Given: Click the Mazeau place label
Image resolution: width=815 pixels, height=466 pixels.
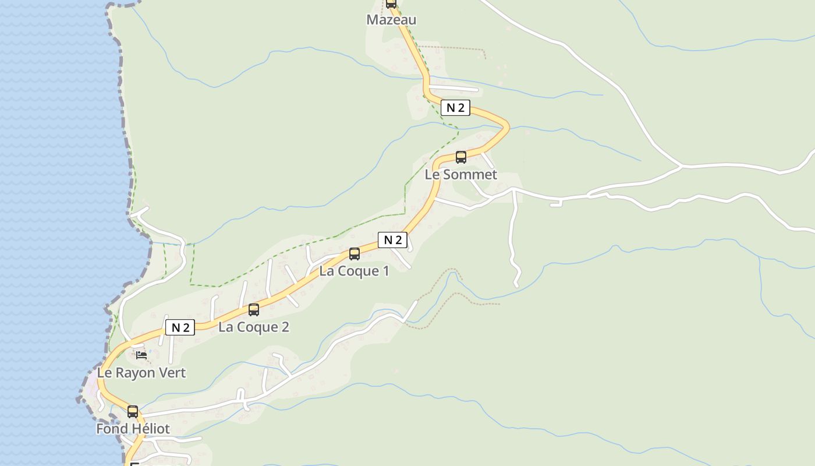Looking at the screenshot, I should (391, 20).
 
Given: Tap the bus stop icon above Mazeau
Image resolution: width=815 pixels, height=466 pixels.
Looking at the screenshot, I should (391, 3).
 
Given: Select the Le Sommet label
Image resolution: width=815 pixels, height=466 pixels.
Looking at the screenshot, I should (460, 174).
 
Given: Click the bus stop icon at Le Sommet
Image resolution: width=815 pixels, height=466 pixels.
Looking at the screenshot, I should (460, 157).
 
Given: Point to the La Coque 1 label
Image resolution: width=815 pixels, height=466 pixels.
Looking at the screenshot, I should (354, 271).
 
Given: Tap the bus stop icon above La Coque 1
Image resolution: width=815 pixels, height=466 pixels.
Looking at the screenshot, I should (354, 254).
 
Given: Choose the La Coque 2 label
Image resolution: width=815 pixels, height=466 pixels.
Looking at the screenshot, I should (253, 327).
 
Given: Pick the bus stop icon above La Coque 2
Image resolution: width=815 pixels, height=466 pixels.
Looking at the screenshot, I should (253, 310).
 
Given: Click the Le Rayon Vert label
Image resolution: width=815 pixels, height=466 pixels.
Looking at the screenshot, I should (141, 373).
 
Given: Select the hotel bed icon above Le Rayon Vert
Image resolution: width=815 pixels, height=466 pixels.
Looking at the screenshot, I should (141, 355).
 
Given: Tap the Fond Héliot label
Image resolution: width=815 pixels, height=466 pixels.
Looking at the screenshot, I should (133, 429).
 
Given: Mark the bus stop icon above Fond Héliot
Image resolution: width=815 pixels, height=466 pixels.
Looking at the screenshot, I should (133, 412).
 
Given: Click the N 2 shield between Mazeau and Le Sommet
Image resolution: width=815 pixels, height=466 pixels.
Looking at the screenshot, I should (455, 108).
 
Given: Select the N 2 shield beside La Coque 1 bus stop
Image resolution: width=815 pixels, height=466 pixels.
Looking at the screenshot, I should (392, 239).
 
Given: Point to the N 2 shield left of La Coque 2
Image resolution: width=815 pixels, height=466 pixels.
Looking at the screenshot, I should (180, 327).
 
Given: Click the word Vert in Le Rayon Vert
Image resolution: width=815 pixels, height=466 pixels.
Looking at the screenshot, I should (172, 373).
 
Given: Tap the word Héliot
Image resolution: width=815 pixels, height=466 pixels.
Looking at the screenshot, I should (150, 429).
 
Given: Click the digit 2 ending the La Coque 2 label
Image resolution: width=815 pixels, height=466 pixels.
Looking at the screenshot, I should (285, 327).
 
